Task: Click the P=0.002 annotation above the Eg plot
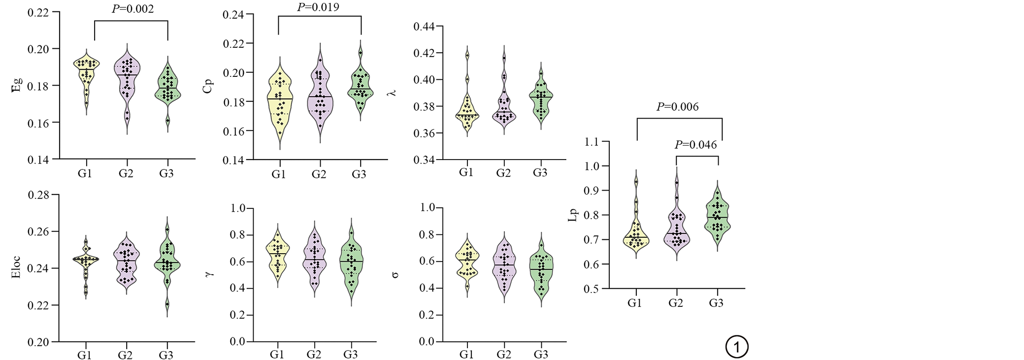pos(132,9)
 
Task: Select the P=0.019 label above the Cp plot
pos(318,7)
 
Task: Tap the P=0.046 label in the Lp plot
pos(695,145)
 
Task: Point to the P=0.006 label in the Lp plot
pos(677,107)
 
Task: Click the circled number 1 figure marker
pos(736,347)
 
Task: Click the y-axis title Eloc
pos(16,267)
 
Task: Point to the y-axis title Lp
pos(573,215)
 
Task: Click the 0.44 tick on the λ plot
pos(424,27)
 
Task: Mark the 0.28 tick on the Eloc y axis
pos(38,195)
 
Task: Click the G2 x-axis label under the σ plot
pos(503,355)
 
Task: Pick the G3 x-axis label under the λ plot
pos(540,173)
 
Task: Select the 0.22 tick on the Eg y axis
pos(38,12)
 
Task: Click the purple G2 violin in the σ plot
pos(504,268)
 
